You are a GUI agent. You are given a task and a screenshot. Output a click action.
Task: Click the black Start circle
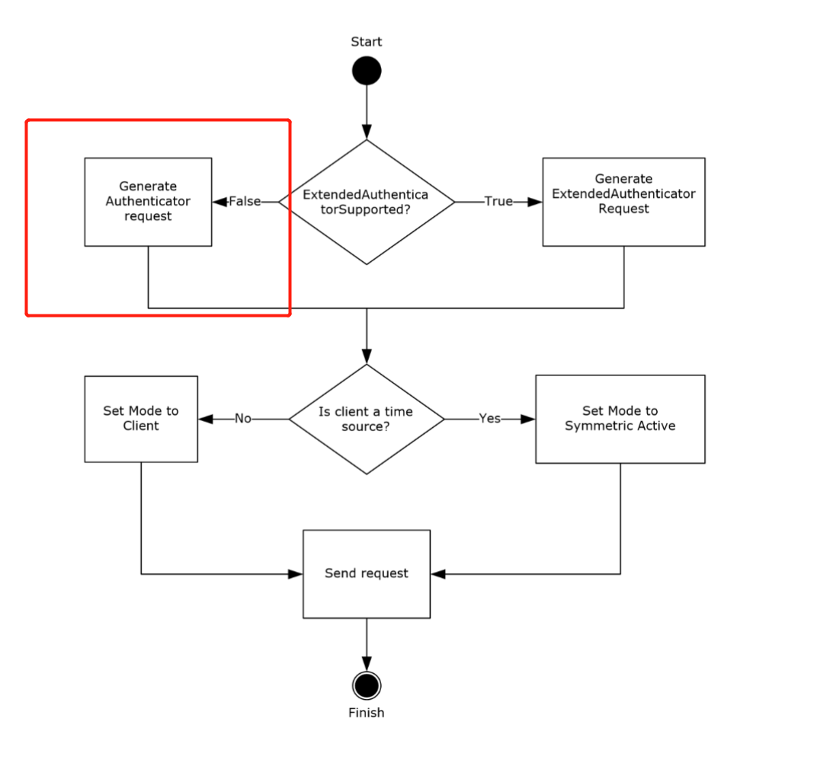(367, 71)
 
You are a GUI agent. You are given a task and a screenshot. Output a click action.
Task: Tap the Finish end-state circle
(367, 685)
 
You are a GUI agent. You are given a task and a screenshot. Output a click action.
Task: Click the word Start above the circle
(367, 42)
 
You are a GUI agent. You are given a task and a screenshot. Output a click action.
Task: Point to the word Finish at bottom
(367, 713)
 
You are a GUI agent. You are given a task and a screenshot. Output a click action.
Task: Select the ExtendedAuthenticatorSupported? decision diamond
(367, 202)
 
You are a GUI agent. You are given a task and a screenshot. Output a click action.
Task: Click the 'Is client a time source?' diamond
(367, 419)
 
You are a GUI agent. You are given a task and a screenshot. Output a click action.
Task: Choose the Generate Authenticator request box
(148, 202)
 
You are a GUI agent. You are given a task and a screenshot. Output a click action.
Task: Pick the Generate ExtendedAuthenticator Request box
(623, 202)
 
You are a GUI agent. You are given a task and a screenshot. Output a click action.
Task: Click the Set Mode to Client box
(141, 419)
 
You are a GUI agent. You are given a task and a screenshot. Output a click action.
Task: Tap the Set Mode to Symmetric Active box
(620, 419)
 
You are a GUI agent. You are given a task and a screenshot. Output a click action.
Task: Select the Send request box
(367, 573)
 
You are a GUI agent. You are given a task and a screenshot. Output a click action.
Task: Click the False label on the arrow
(245, 202)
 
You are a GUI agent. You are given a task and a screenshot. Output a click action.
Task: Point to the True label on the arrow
(498, 202)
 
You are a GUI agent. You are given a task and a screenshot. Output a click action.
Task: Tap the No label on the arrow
(243, 419)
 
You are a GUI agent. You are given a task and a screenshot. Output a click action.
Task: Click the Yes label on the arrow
(489, 419)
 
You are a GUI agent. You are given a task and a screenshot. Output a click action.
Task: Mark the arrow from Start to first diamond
(367, 110)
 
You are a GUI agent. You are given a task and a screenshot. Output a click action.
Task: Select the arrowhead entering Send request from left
(296, 574)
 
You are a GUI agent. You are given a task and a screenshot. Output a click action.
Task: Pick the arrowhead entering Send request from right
(437, 574)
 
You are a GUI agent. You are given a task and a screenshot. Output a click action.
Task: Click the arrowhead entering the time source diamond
(367, 356)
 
